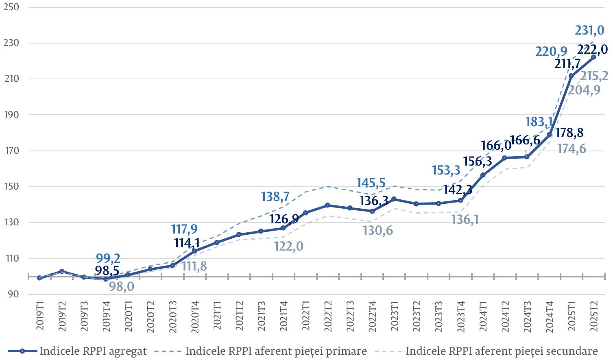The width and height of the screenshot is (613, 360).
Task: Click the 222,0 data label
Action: point(592,49)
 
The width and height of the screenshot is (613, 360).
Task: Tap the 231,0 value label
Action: point(589,31)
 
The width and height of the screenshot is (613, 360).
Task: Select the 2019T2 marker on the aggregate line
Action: point(62,271)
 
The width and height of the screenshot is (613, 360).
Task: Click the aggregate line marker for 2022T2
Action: point(327,205)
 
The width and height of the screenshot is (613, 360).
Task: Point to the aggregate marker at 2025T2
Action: point(593,57)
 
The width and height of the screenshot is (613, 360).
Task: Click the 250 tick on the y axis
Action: point(11,7)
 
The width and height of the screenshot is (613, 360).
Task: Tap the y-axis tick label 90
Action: point(13,294)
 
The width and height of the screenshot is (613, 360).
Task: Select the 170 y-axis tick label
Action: point(11,151)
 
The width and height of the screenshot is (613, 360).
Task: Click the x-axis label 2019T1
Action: point(40,316)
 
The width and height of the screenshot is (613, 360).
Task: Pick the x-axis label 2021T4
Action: point(284,316)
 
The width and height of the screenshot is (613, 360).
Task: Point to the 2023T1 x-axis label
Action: point(394,316)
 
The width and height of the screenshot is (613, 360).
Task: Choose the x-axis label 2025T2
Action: point(593,316)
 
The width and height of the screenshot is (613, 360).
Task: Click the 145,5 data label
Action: point(371,183)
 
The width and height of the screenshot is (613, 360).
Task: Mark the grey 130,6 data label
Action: point(377,231)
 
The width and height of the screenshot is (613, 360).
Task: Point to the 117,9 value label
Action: point(184,229)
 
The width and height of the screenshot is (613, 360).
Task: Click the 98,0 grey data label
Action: point(122,286)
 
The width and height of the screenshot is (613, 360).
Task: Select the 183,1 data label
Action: point(539,122)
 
